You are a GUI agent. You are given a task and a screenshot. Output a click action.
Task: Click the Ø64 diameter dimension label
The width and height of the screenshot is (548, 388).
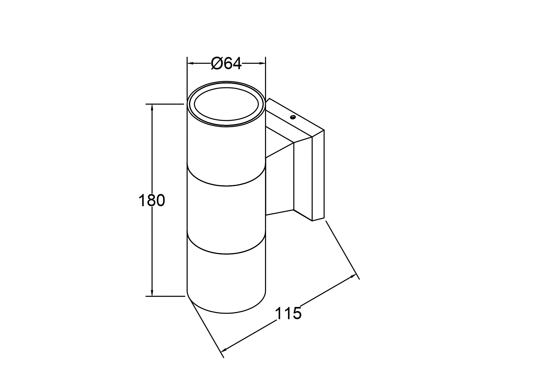coord(226,64)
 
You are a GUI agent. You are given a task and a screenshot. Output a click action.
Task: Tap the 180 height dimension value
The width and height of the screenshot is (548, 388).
coord(151,201)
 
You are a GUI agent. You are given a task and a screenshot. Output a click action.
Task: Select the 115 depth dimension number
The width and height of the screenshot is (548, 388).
coord(288,313)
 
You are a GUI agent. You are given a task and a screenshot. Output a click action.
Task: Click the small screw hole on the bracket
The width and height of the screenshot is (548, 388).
coord(293,117)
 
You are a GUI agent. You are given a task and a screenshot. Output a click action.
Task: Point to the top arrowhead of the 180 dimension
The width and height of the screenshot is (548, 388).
coord(152,107)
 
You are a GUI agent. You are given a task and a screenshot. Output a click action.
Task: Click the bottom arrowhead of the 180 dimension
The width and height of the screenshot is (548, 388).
coord(152,293)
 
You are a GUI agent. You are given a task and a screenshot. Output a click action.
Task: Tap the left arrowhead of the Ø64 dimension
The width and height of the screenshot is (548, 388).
coord(190,64)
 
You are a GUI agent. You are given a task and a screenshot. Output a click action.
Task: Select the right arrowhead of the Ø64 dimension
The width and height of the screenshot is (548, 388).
coord(262,64)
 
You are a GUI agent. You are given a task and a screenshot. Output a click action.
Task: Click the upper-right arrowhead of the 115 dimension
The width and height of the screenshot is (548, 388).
coord(353,276)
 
